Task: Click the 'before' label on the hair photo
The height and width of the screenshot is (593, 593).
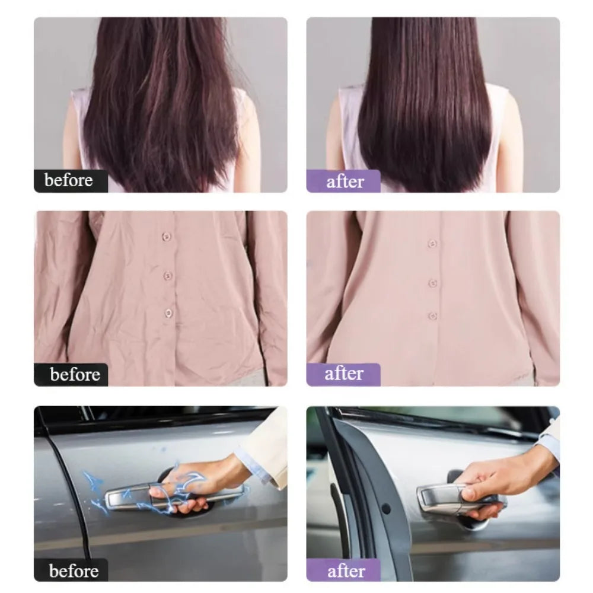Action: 68,180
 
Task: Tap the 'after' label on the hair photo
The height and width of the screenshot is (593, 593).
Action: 345,181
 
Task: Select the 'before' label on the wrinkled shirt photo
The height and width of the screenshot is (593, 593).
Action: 75,374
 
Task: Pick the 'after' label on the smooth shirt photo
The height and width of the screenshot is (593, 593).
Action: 344,374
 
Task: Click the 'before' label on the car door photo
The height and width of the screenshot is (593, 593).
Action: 74,570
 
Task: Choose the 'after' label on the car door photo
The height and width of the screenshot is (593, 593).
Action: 346,571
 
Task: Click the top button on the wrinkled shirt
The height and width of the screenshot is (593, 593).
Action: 167,237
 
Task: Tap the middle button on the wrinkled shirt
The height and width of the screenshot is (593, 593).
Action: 168,276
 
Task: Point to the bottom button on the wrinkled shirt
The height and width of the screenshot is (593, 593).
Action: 168,313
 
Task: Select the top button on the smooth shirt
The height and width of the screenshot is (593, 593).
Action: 432,244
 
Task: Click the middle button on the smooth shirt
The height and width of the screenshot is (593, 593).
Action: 433,283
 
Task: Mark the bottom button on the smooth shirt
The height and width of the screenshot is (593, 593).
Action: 433,315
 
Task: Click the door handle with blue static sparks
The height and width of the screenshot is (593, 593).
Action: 174,495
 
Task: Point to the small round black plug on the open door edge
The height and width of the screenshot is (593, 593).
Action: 386,509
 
